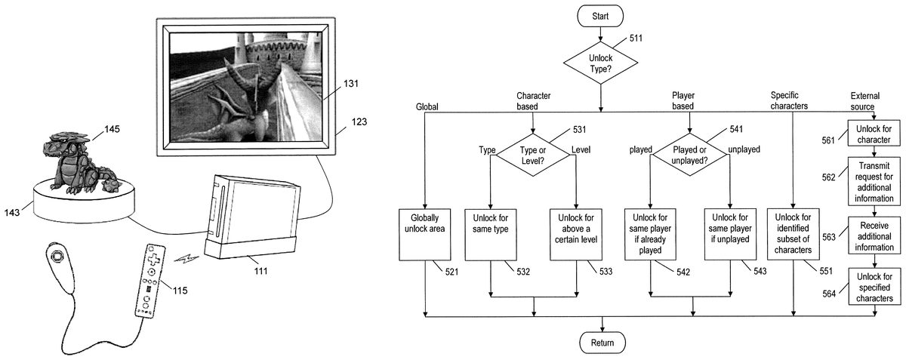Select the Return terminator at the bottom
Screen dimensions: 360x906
coord(602,343)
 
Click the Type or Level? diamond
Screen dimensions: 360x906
coord(534,151)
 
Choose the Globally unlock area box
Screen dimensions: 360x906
coord(424,234)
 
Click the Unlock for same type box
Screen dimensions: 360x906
coord(491,234)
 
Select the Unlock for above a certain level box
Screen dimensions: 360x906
coord(576,234)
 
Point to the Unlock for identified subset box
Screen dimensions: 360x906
coord(793,234)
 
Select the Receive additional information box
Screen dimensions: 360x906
coord(875,236)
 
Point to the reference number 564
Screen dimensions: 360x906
coord(830,294)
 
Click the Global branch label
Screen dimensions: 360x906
coord(427,107)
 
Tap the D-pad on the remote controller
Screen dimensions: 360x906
coord(153,257)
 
